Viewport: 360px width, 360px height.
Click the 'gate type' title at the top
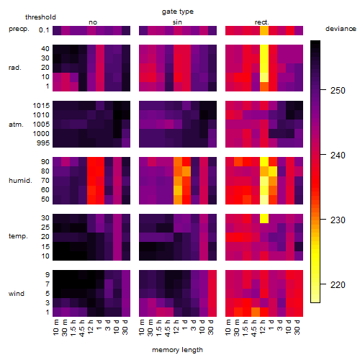click(x=178, y=12)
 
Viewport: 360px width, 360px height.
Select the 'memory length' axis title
click(x=177, y=350)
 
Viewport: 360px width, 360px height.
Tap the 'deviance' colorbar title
click(x=341, y=29)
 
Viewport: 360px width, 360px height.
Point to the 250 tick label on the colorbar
click(x=338, y=91)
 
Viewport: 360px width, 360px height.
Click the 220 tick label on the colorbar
click(x=338, y=285)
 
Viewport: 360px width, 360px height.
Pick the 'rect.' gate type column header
click(x=261, y=22)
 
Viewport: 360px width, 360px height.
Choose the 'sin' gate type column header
click(x=177, y=22)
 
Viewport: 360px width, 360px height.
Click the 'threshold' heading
click(x=40, y=17)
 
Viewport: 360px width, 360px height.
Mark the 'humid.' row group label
click(x=20, y=181)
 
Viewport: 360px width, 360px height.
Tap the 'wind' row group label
click(x=17, y=294)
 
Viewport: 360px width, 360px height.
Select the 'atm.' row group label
click(x=16, y=125)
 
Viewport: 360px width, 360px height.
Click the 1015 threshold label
click(x=41, y=106)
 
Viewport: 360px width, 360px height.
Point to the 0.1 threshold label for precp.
click(x=44, y=30)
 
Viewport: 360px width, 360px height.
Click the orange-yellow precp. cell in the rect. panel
click(x=264, y=30)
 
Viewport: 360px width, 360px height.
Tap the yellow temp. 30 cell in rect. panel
click(x=264, y=218)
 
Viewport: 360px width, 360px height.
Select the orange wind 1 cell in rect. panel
click(x=256, y=312)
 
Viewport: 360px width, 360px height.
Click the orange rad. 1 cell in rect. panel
click(x=264, y=86)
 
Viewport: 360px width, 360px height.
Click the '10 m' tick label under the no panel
click(x=55, y=328)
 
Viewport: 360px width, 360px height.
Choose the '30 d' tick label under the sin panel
click(x=211, y=328)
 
